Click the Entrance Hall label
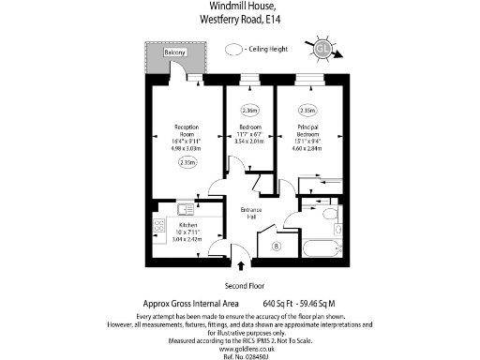[x=252, y=213]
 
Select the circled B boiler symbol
[x=275, y=247]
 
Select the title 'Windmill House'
[x=240, y=6]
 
